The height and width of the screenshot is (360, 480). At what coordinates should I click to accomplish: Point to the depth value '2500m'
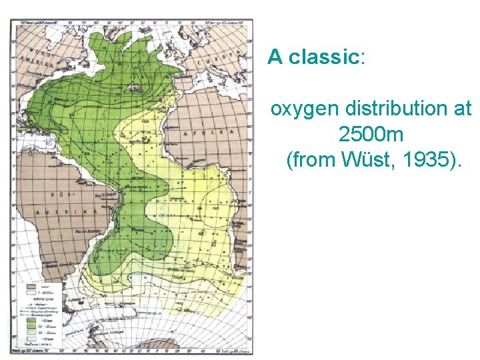pos(371,134)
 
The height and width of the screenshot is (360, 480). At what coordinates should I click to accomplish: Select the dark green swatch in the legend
pos(31,320)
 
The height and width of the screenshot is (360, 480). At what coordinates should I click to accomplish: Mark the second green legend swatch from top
pos(31,327)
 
